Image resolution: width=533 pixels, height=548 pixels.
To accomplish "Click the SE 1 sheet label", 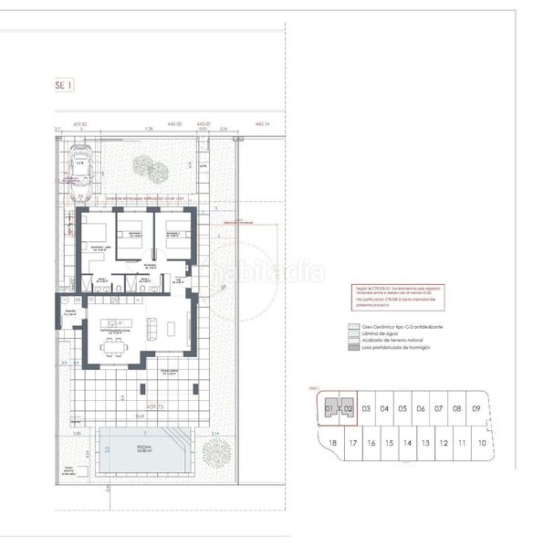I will (63, 85).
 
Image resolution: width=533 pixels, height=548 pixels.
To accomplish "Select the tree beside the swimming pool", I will (215, 451).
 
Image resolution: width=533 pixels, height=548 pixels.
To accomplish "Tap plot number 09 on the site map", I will (476, 408).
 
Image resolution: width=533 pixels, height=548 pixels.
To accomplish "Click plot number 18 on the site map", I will (333, 443).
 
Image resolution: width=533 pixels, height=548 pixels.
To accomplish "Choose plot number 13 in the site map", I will (424, 443).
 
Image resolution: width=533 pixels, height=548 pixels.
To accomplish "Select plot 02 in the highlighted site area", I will (349, 408).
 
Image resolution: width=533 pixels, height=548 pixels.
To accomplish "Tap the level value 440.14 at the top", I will (264, 123).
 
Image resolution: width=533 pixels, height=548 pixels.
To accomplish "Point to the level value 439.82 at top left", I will (80, 123).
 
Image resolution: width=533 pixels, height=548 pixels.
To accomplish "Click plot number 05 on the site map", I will (402, 408).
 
